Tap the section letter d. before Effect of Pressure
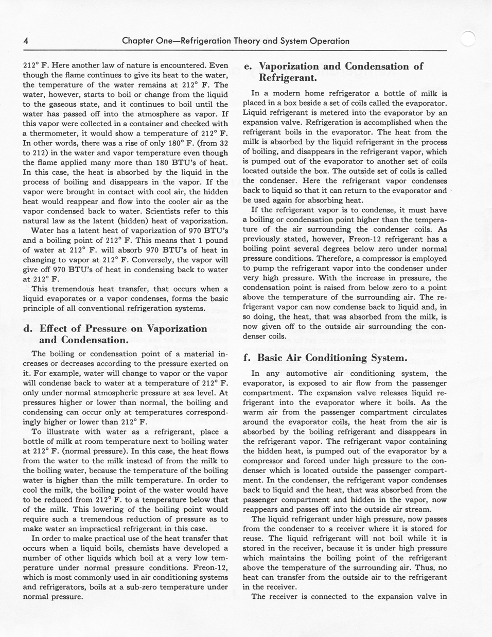point(28,329)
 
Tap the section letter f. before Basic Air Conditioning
point(247,358)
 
